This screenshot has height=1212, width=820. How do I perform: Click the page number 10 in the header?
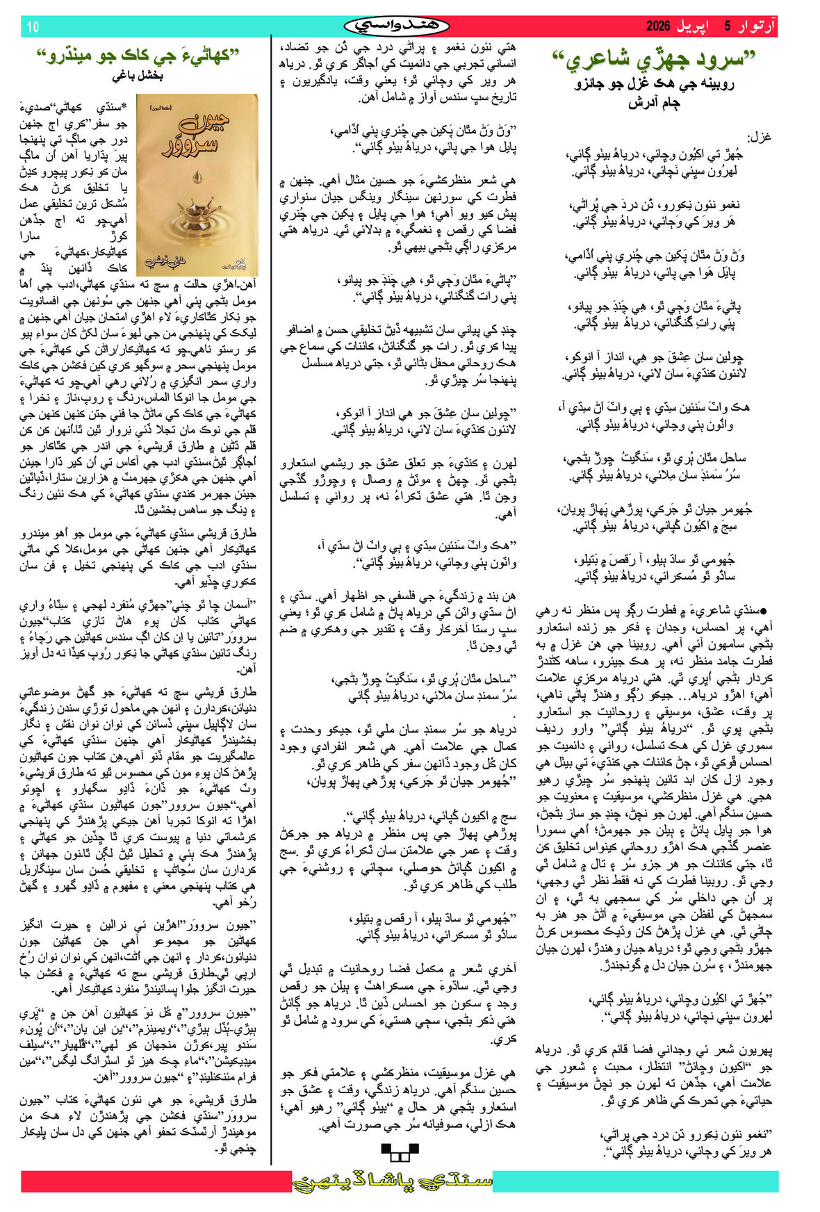pyautogui.click(x=33, y=27)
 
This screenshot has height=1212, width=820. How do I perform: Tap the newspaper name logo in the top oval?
pyautogui.click(x=397, y=26)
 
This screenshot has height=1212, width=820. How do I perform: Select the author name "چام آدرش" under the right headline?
pyautogui.click(x=654, y=104)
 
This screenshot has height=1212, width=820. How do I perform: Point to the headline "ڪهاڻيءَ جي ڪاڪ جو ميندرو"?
pyautogui.click(x=138, y=56)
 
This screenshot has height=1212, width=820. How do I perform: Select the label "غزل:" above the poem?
pyautogui.click(x=758, y=137)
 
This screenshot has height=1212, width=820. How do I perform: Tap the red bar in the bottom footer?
pyautogui.click(x=153, y=1181)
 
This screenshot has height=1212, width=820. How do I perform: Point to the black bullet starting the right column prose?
pyautogui.click(x=764, y=611)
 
